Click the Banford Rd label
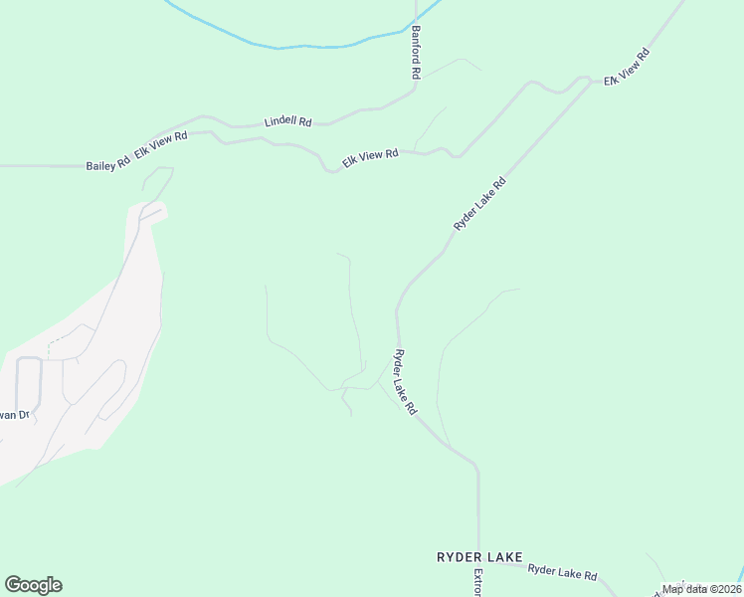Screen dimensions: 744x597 click(x=416, y=53)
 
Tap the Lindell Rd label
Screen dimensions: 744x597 click(x=287, y=121)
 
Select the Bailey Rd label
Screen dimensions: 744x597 click(x=107, y=165)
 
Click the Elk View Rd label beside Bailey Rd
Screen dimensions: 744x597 click(x=161, y=145)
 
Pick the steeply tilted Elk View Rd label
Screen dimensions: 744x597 click(x=627, y=66)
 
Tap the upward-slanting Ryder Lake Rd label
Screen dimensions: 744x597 click(x=480, y=204)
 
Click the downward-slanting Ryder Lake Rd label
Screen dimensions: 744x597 click(x=405, y=381)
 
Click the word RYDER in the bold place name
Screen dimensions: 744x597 click(x=460, y=557)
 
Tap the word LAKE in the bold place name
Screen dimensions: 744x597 click(x=504, y=557)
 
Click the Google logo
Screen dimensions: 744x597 click(x=33, y=585)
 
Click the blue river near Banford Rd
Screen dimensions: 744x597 click(x=298, y=45)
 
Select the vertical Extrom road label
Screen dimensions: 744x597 click(x=478, y=583)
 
